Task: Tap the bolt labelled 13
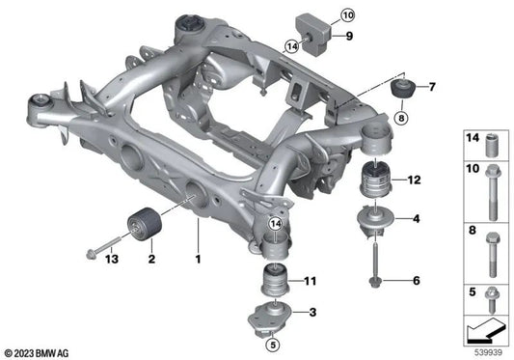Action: tap(97, 253)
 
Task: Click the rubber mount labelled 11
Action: tap(277, 282)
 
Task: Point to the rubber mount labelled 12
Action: tap(375, 180)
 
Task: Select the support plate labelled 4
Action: tap(374, 220)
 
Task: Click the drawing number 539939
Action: tap(486, 353)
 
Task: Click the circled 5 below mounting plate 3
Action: tap(273, 344)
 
